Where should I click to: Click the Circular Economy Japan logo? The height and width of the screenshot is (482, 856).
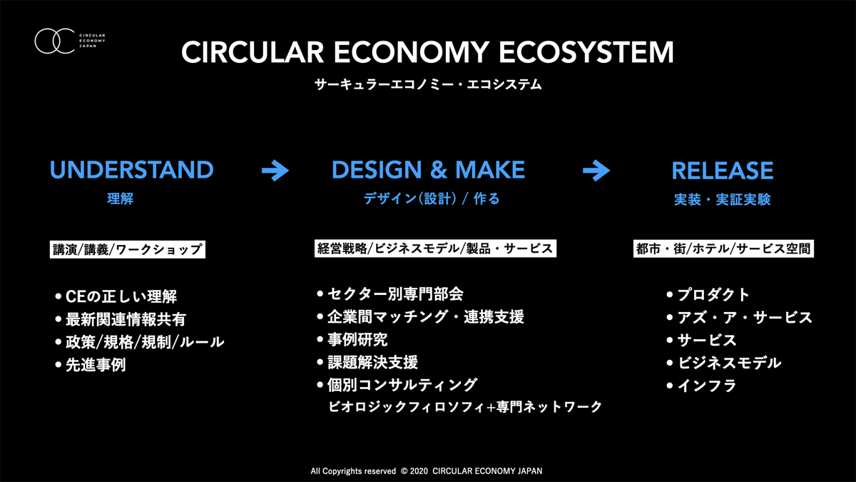click(70, 41)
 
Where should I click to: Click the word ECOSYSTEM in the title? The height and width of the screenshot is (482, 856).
click(586, 52)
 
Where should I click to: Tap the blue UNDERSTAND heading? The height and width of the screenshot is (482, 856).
click(131, 170)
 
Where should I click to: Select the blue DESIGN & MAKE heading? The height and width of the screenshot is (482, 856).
click(429, 170)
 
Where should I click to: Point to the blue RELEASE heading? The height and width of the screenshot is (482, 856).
click(722, 171)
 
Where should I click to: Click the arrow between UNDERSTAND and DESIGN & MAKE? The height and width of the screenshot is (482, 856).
click(275, 170)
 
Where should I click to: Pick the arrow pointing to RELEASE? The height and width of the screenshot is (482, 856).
click(596, 170)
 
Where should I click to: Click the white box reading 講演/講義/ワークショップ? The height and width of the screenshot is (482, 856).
click(127, 249)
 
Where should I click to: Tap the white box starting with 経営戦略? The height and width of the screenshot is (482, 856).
click(435, 248)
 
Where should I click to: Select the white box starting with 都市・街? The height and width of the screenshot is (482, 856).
click(723, 248)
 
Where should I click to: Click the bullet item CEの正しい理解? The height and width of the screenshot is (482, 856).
click(116, 296)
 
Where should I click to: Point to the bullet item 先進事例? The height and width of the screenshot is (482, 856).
click(91, 365)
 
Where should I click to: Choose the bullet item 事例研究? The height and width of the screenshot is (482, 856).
click(352, 340)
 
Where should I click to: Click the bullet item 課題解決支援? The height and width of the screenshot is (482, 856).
click(367, 362)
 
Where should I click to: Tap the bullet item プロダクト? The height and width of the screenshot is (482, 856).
click(708, 295)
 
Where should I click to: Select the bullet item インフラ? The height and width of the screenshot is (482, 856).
click(701, 386)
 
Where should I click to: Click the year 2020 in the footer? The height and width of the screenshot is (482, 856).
click(419, 471)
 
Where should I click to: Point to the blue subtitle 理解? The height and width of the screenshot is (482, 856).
click(121, 199)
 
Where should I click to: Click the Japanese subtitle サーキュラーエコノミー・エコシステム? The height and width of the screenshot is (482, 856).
click(428, 84)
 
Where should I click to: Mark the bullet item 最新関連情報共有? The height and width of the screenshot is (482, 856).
click(121, 319)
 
